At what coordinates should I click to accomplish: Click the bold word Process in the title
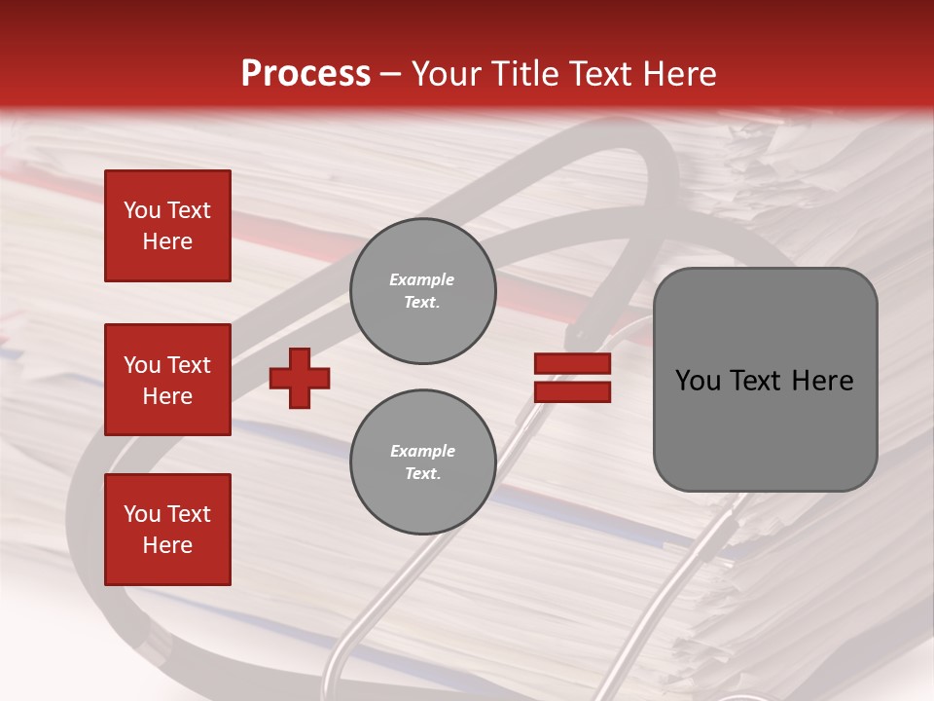pos(305,74)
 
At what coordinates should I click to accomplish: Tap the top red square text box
pos(167,226)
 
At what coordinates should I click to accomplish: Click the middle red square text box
pos(167,380)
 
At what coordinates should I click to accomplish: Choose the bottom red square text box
pos(167,530)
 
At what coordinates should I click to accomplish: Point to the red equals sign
pos(572,378)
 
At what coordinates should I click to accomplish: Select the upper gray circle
pos(422,291)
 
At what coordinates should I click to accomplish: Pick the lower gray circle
pos(422,461)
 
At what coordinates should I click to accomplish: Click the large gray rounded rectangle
pos(765,380)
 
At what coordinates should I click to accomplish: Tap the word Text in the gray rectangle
pos(758,381)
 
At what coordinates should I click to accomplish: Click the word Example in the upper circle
pos(422,279)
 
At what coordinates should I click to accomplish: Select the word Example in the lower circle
pos(422,451)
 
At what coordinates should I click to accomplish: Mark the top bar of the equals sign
pos(572,364)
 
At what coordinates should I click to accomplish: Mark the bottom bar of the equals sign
pos(572,391)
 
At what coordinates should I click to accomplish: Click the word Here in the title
pos(678,74)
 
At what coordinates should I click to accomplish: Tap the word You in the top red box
pos(142,210)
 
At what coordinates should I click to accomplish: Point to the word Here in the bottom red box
pos(167,545)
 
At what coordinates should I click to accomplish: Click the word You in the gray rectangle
pos(698,381)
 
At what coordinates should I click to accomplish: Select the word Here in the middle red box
pos(167,396)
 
